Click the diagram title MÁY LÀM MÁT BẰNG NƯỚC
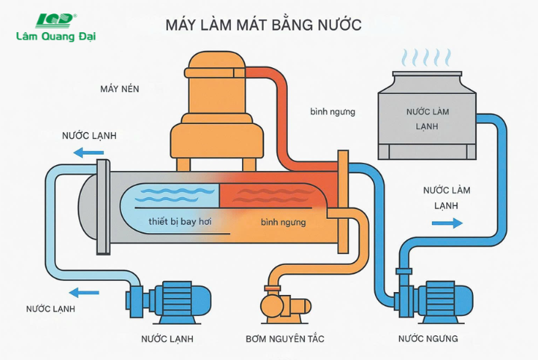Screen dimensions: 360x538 [x=263, y=25]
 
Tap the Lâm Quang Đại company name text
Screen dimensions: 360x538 [x=56, y=36]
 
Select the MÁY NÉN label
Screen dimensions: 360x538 [x=120, y=89]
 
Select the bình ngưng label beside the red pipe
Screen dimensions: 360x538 [x=333, y=111]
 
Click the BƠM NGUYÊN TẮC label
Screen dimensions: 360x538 [x=285, y=339]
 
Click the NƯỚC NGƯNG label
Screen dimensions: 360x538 [x=427, y=339]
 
